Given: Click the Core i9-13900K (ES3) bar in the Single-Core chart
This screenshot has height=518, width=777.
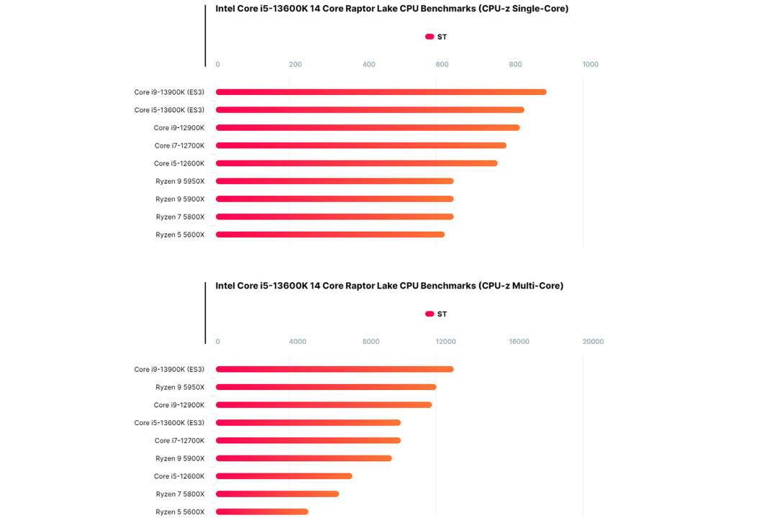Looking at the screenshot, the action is (381, 92).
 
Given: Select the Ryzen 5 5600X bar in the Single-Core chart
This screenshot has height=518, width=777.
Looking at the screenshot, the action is (330, 235).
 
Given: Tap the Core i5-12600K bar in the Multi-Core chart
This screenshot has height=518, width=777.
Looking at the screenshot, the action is (284, 476).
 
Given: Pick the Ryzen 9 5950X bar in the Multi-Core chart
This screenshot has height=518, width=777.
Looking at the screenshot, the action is (326, 387).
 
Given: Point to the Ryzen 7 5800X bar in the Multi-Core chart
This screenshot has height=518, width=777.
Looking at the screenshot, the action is (278, 494).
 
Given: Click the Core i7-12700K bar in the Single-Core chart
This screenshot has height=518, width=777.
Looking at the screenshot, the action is (361, 146).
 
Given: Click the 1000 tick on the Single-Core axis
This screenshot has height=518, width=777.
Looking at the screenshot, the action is (590, 65).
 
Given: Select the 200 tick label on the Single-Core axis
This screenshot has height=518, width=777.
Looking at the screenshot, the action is (296, 65).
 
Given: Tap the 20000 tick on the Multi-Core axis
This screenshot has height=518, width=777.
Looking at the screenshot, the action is (593, 342).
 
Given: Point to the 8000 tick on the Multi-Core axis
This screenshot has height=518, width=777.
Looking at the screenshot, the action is (371, 342).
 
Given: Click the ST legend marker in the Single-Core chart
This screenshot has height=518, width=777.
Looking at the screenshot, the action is (430, 37).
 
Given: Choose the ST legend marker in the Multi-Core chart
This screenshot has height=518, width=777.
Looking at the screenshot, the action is (430, 314).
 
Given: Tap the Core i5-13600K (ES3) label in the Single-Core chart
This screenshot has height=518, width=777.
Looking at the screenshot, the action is (170, 110).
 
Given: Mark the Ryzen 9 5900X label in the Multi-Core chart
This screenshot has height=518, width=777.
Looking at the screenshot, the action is (180, 458).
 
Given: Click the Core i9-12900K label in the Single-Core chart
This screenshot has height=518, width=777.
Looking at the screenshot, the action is (179, 128).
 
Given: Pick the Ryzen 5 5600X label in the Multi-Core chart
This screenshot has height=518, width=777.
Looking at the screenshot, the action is (180, 512).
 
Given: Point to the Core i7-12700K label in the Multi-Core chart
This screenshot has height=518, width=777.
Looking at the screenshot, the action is (179, 441).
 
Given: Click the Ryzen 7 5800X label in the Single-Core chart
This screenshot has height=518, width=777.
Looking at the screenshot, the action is (180, 217).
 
